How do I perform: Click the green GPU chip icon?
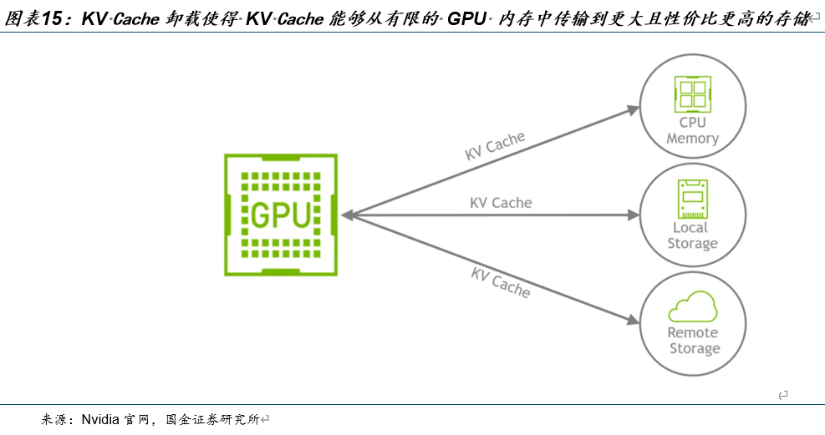(280, 215)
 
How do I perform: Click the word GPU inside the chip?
(281, 215)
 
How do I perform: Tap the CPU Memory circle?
(692, 108)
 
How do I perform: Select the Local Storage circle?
(692, 215)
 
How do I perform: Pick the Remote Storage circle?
(692, 322)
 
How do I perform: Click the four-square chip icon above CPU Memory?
(692, 95)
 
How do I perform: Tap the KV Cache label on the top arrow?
(495, 146)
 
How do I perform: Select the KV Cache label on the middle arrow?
(501, 203)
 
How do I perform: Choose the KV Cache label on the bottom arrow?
(501, 281)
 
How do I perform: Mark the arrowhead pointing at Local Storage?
(634, 215)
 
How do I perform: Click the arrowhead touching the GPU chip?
(346, 215)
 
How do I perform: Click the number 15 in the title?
(53, 19)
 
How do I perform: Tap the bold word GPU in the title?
(466, 19)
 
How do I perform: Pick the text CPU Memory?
(692, 131)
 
